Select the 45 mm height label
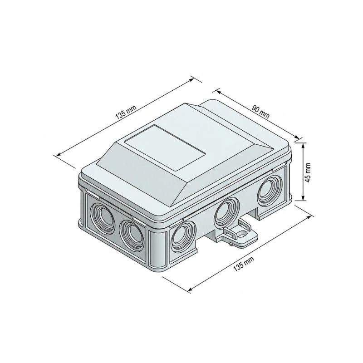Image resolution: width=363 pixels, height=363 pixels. point(309,172)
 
